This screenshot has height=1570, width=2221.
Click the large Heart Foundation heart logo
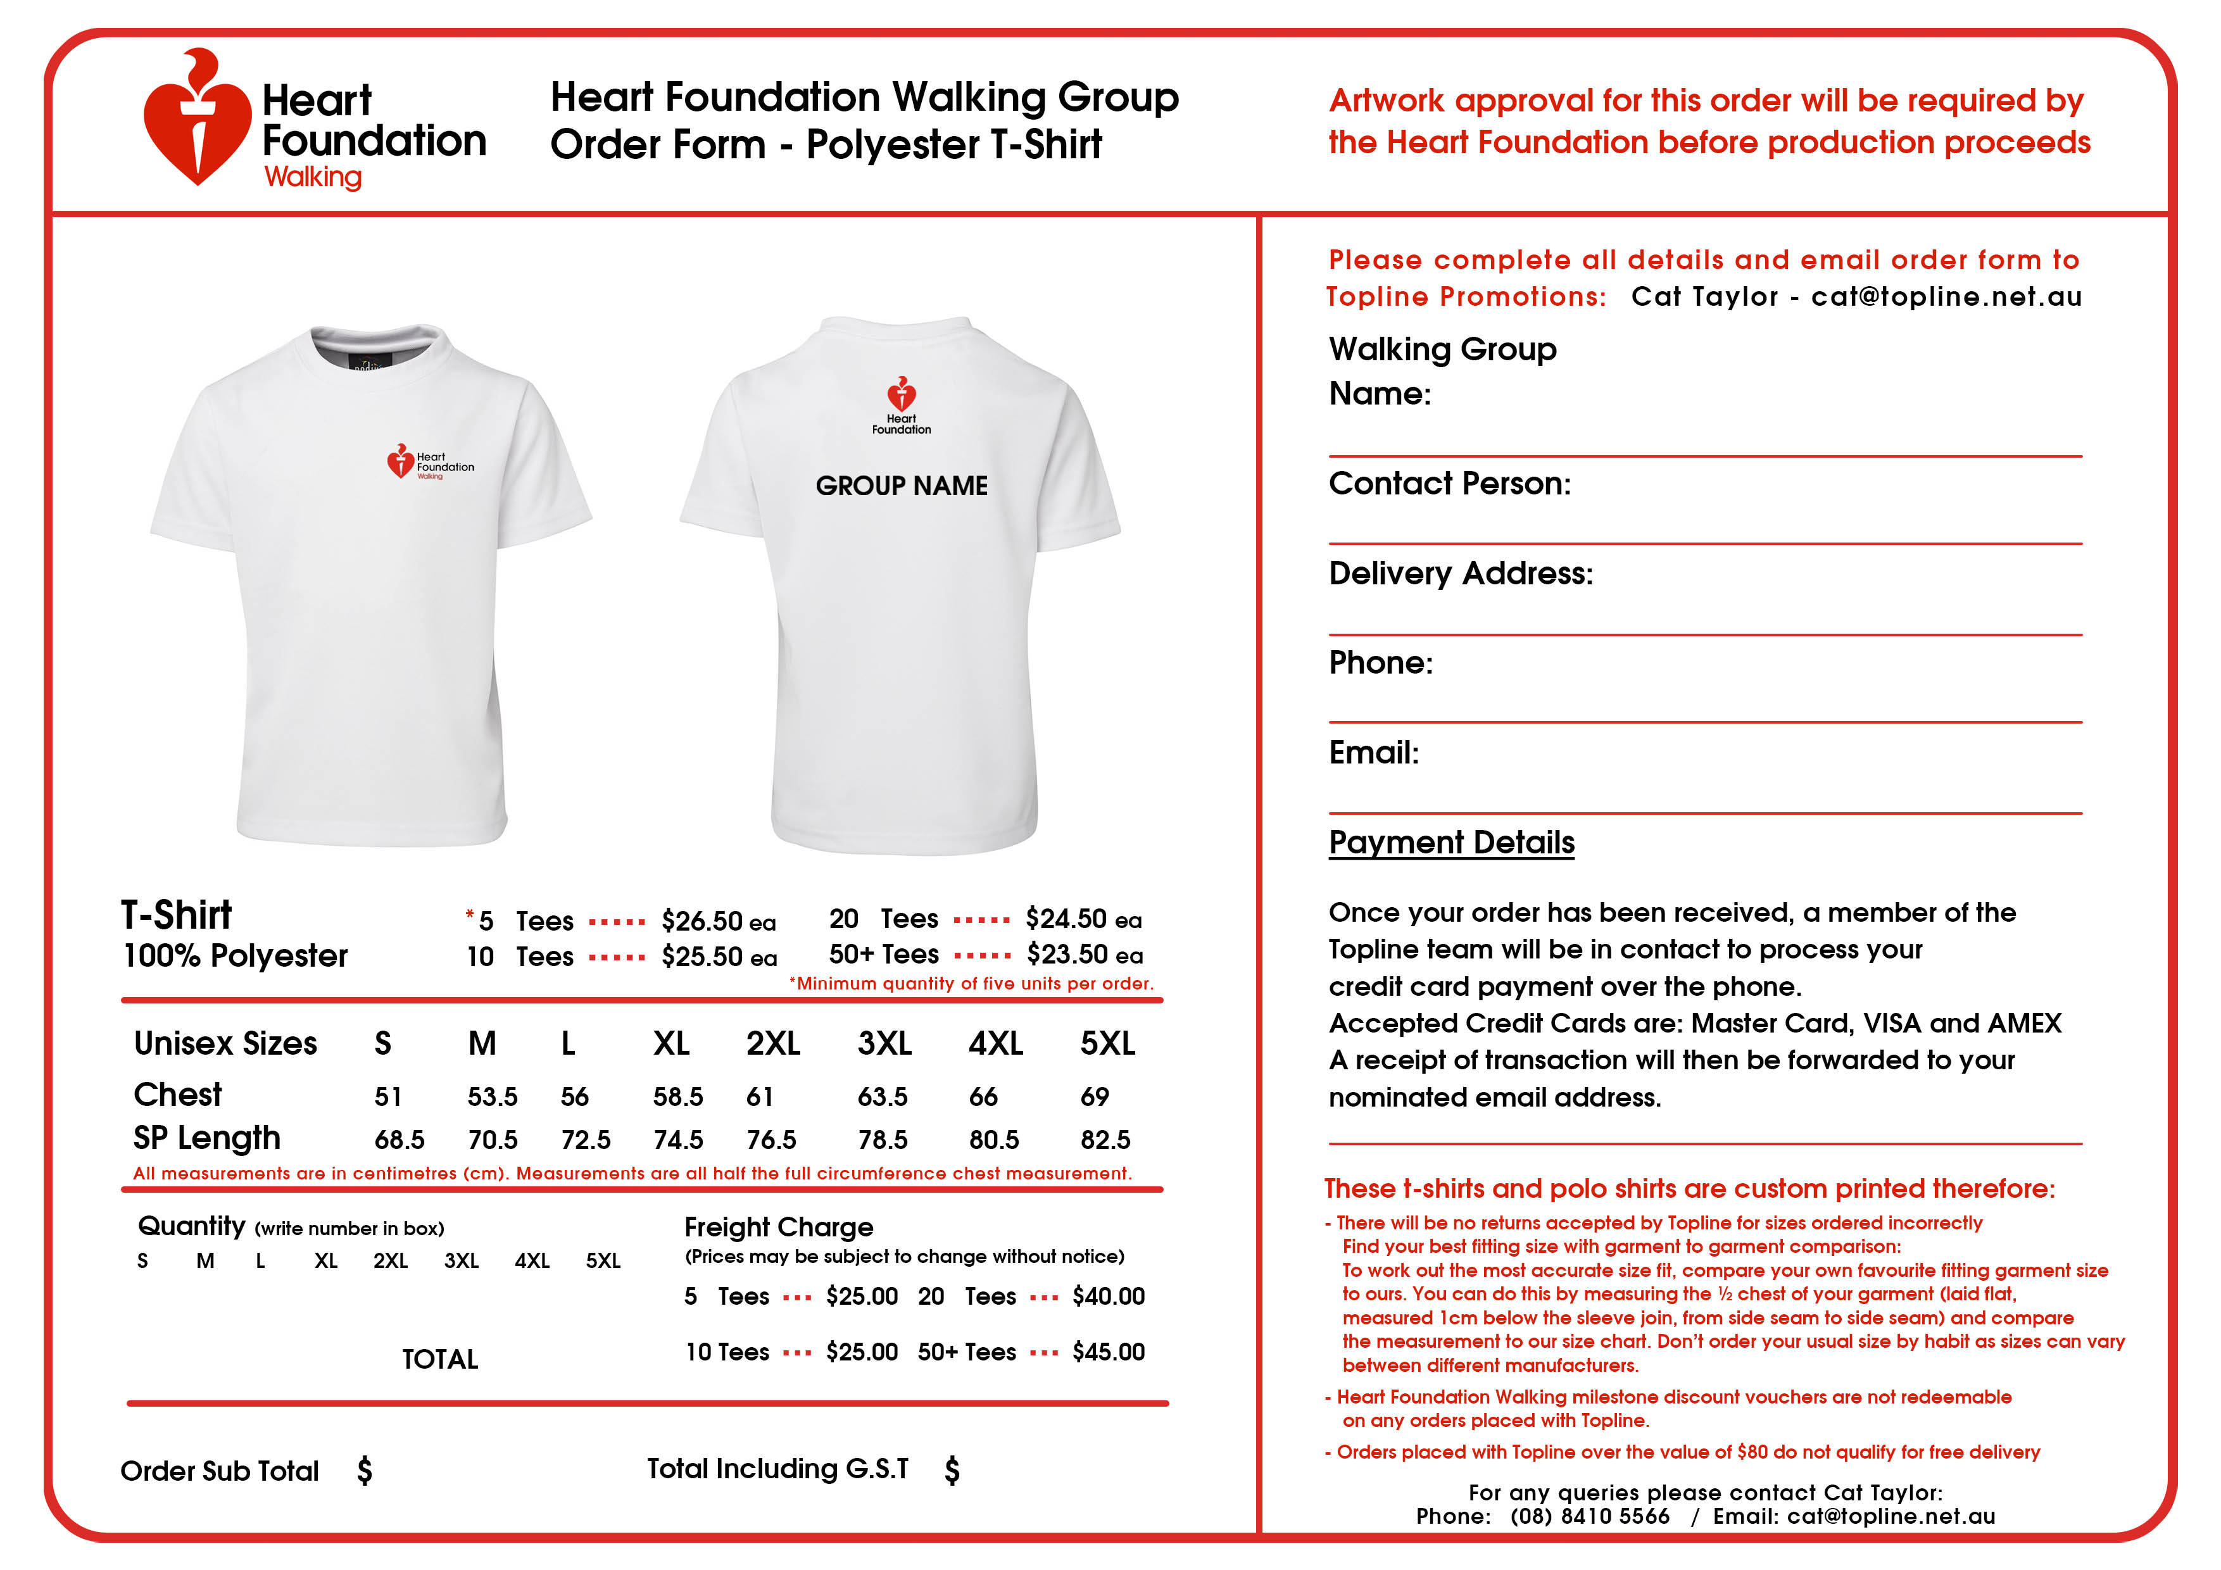pyautogui.click(x=198, y=121)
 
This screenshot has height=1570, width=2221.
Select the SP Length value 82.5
pyautogui.click(x=1105, y=1140)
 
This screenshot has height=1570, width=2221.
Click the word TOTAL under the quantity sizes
pyautogui.click(x=440, y=1359)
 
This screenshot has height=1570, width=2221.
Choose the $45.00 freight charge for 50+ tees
pyautogui.click(x=1107, y=1352)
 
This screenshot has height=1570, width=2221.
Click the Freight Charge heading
pyautogui.click(x=779, y=1227)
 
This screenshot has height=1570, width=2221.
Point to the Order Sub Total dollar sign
pyautogui.click(x=365, y=1471)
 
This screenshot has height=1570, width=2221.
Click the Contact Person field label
pyautogui.click(x=1449, y=482)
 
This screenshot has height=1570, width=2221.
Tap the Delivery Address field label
pyautogui.click(x=1460, y=573)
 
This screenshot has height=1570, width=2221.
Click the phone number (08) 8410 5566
pyautogui.click(x=1589, y=1516)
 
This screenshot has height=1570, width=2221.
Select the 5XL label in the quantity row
pyautogui.click(x=603, y=1260)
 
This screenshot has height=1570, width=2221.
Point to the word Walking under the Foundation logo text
pyautogui.click(x=313, y=177)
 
